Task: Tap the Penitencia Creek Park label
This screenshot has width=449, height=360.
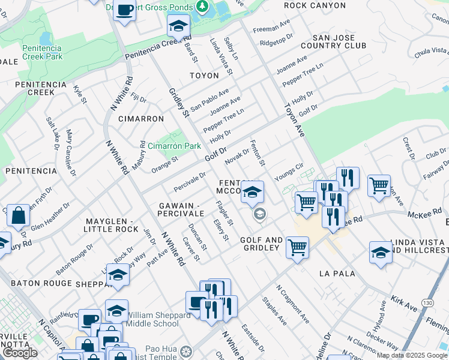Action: pyautogui.click(x=42, y=52)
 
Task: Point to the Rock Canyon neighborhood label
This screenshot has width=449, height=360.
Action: pyautogui.click(x=315, y=5)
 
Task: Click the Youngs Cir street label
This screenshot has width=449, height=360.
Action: pyautogui.click(x=289, y=175)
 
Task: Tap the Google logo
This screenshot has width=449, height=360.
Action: pyautogui.click(x=20, y=353)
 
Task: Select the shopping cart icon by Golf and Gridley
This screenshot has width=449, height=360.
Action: pyautogui.click(x=297, y=246)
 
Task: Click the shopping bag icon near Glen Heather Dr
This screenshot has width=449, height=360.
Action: pyautogui.click(x=19, y=215)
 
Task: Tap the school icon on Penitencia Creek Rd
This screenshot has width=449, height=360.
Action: pyautogui.click(x=178, y=25)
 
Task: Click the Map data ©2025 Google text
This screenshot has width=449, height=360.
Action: pyautogui.click(x=411, y=355)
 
